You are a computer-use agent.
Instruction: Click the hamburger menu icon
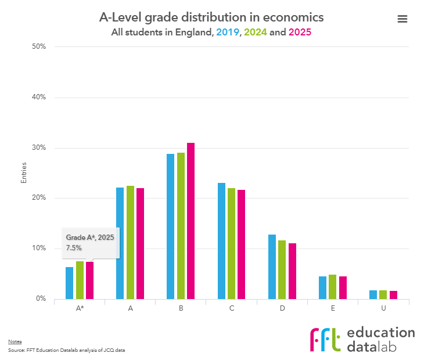click(x=402, y=19)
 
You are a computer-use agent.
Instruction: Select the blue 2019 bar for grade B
click(x=171, y=226)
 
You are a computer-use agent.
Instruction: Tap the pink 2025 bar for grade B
click(x=190, y=221)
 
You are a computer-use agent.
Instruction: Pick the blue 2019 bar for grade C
click(x=221, y=241)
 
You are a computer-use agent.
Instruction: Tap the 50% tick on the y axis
click(x=38, y=46)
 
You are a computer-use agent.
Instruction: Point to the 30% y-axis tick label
click(x=38, y=148)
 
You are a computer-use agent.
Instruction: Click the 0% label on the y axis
click(x=40, y=299)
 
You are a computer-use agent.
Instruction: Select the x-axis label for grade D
click(x=282, y=308)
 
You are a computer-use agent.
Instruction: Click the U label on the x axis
click(x=383, y=308)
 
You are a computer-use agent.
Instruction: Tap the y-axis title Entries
click(x=24, y=173)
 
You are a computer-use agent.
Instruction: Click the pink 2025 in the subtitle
click(x=300, y=33)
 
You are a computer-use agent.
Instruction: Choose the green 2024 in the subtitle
click(x=256, y=33)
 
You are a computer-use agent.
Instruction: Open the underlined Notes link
click(x=14, y=341)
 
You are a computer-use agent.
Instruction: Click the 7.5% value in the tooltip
click(x=74, y=248)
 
